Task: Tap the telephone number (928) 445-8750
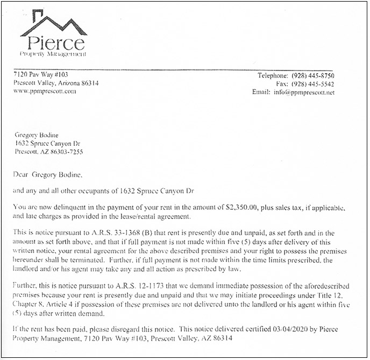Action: pos(313,75)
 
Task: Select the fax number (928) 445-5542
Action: pos(313,84)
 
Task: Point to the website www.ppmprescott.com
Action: pos(45,91)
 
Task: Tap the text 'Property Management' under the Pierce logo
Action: pos(53,54)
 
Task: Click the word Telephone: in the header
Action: pos(274,75)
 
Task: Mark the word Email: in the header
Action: pos(261,93)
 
